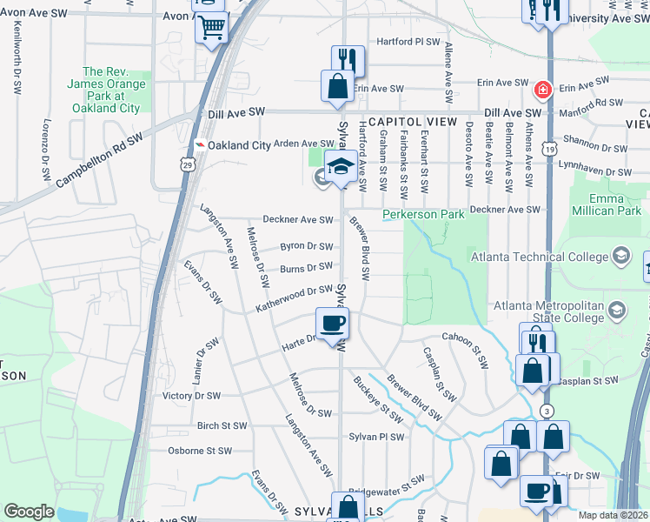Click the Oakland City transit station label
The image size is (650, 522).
234,145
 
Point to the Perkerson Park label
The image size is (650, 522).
423,214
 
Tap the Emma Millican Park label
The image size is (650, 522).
605,204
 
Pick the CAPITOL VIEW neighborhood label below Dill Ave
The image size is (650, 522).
412,123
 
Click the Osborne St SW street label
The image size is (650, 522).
200,451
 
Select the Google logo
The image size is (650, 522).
29,512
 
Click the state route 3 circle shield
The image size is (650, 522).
546,411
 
